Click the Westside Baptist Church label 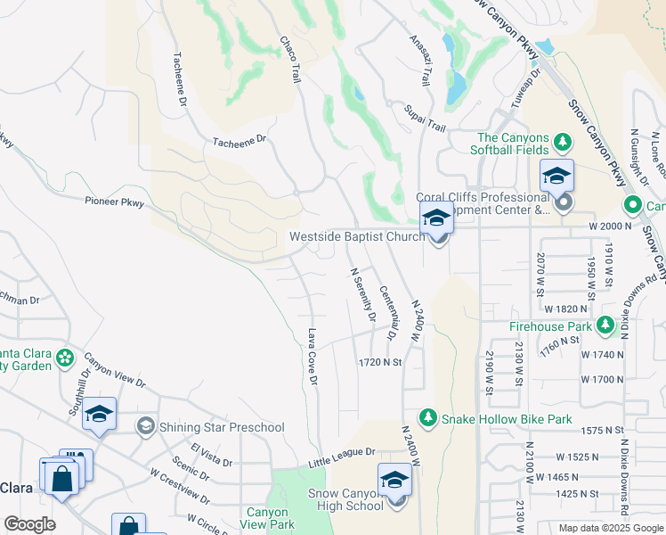356,237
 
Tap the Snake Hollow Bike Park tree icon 428,418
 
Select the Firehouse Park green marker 606,324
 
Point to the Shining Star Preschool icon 145,427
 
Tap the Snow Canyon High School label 346,499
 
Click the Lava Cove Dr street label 313,357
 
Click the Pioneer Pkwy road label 114,202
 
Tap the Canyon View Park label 266,519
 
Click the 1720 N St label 381,363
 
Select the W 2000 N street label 609,226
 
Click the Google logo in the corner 29,524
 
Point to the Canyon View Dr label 116,375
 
